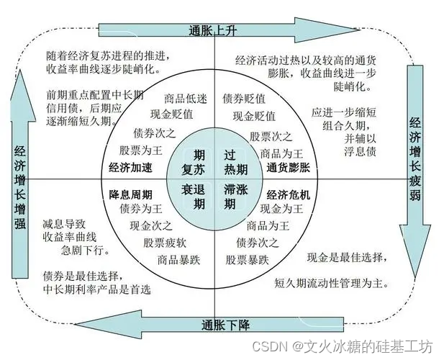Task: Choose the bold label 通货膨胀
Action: (x=290, y=168)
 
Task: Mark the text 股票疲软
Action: (x=166, y=243)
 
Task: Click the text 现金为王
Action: (x=281, y=209)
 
